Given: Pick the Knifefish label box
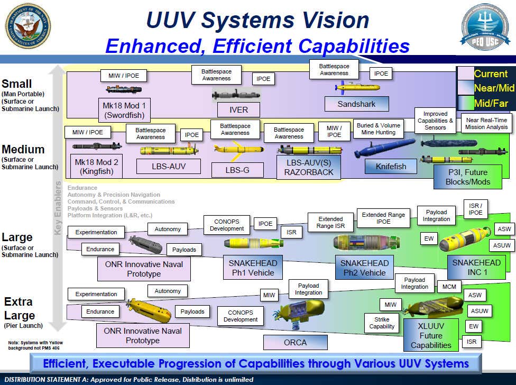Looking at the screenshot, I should [391, 166].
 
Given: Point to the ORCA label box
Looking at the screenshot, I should [294, 342].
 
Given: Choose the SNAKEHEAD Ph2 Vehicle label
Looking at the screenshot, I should [364, 268].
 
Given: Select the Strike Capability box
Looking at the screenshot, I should [382, 323].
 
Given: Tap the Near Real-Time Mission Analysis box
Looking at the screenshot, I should [486, 124].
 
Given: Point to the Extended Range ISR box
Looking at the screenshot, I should [330, 223].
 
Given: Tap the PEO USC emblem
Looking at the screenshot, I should [485, 27].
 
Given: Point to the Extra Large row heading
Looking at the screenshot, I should [20, 308].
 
